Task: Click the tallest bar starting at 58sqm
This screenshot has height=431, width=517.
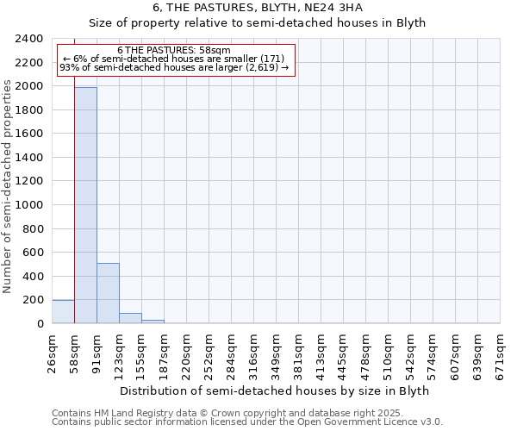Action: click(85, 205)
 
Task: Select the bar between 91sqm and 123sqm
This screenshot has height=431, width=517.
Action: click(108, 293)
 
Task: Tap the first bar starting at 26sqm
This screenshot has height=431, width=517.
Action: click(63, 311)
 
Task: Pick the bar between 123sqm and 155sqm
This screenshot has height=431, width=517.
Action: click(130, 318)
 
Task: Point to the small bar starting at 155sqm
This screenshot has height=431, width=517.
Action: click(153, 322)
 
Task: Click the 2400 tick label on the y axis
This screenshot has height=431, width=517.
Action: click(29, 39)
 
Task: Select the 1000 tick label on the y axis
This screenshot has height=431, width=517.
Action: click(29, 205)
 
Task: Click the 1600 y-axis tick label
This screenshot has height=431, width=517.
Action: click(29, 134)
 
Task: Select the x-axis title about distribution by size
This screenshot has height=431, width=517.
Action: click(274, 390)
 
